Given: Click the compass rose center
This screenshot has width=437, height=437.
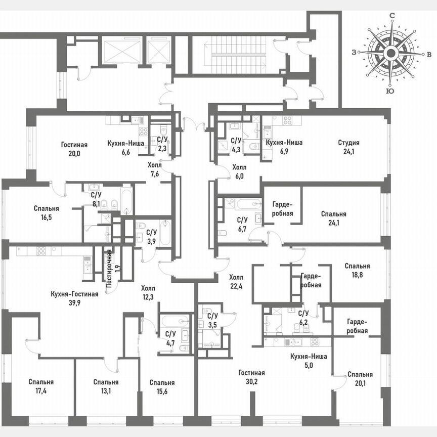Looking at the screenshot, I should (x=390, y=53).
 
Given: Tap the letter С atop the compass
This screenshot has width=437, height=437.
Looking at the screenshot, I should (x=391, y=16).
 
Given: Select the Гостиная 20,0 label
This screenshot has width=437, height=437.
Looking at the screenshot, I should (x=74, y=148).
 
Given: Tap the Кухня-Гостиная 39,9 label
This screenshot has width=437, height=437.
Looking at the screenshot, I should (x=74, y=298).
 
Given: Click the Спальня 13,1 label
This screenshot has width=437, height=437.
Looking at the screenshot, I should (x=106, y=386).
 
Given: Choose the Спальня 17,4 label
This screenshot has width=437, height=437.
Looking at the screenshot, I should (x=41, y=386).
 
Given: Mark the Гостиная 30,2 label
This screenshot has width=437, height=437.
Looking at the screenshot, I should (x=252, y=377).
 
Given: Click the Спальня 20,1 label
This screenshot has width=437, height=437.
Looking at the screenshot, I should (x=360, y=379).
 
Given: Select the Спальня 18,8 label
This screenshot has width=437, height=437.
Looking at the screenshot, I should (x=357, y=270).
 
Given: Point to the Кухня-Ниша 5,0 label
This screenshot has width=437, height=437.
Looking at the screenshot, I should (x=309, y=361).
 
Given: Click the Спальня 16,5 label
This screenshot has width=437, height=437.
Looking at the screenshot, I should (x=47, y=212).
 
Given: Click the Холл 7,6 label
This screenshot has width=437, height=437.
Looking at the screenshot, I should (x=154, y=169).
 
